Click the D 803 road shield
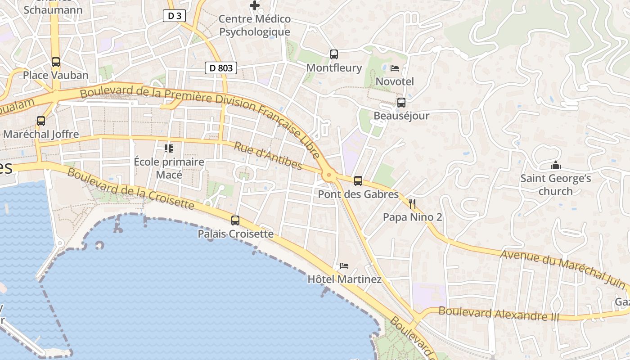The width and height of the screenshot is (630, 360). [221, 68]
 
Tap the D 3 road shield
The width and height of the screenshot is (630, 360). [174, 16]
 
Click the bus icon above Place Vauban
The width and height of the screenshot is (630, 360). [56, 62]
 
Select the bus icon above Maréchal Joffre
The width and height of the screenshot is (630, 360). [41, 121]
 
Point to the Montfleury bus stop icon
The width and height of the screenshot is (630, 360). [333, 54]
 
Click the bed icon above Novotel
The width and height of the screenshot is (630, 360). [395, 68]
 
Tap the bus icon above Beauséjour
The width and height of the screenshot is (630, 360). [401, 102]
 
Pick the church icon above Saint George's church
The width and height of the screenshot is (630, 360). [556, 165]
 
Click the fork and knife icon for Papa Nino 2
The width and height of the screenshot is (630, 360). [412, 204]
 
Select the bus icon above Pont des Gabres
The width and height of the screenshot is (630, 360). [358, 181]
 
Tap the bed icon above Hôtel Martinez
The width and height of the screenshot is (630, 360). [344, 266]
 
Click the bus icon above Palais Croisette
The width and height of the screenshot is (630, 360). [235, 220]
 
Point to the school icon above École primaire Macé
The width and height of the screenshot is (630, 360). [169, 148]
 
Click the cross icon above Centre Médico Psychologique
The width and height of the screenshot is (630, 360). [255, 6]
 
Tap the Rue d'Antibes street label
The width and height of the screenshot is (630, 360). [268, 156]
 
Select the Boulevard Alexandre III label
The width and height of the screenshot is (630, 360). [499, 313]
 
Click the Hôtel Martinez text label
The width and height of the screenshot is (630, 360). [344, 279]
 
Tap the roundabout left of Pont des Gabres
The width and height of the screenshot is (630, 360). [328, 175]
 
